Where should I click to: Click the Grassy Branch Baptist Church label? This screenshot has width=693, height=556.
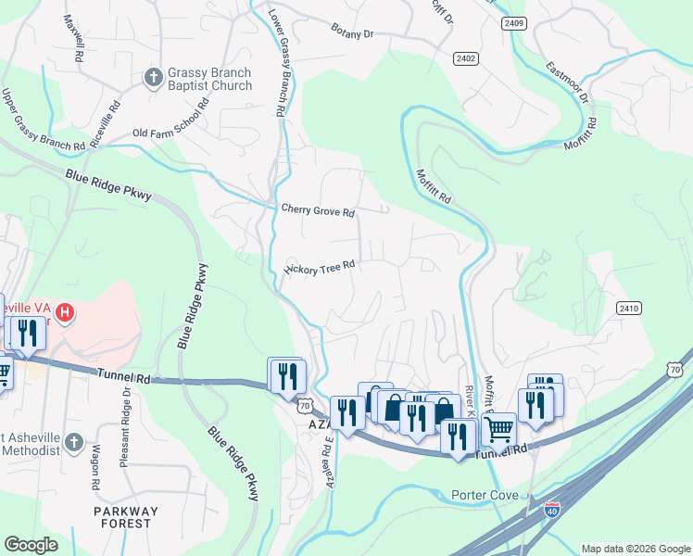(x=208, y=79)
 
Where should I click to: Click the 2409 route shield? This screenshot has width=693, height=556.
(x=514, y=22)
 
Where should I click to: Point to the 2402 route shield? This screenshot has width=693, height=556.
(x=466, y=58)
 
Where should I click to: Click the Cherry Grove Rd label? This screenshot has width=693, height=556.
(x=318, y=212)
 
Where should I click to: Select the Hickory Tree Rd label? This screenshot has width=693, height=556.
(x=319, y=269)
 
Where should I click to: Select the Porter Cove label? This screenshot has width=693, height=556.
(x=485, y=495)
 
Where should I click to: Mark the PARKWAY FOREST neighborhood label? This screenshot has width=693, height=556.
(x=125, y=517)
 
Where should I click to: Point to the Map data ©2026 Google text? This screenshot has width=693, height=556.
(x=635, y=549)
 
